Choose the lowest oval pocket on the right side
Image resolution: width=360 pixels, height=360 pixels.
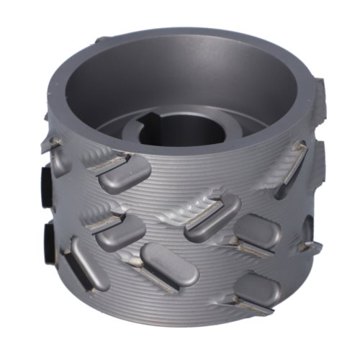(256, 288)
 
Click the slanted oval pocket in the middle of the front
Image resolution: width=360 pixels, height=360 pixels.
(213, 216)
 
